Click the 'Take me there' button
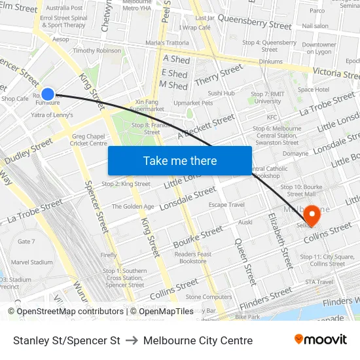[180, 160]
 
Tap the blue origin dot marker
[48, 94]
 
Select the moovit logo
[321, 339]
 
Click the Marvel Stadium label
[31, 262]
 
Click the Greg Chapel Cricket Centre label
[88, 140]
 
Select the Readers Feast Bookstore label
[193, 257]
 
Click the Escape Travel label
[226, 205]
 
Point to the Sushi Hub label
[221, 93]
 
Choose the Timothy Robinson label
[97, 50]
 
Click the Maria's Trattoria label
[167, 43]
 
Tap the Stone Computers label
[209, 297]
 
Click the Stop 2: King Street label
[126, 184]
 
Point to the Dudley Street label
[29, 151]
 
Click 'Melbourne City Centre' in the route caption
[198, 340]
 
